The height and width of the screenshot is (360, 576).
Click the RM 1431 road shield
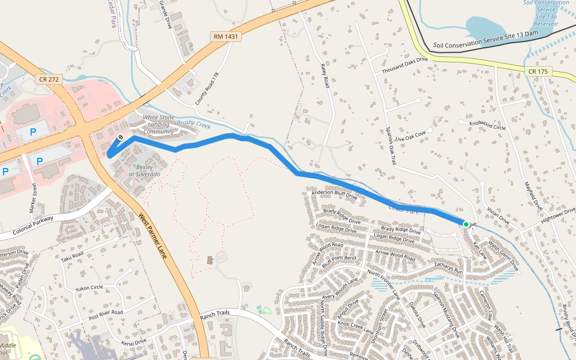(x=226, y=37)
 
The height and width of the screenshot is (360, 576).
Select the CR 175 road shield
(x=538, y=71)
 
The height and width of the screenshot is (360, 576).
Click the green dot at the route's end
(x=466, y=224)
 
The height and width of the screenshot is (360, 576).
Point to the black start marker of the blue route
(x=121, y=137)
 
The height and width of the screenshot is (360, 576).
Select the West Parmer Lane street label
(x=155, y=236)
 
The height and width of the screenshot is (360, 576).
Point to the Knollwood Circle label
(x=488, y=125)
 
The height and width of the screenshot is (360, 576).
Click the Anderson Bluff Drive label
(x=334, y=194)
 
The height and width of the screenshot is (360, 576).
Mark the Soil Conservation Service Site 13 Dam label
(x=485, y=41)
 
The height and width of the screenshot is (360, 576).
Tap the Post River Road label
(x=106, y=314)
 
